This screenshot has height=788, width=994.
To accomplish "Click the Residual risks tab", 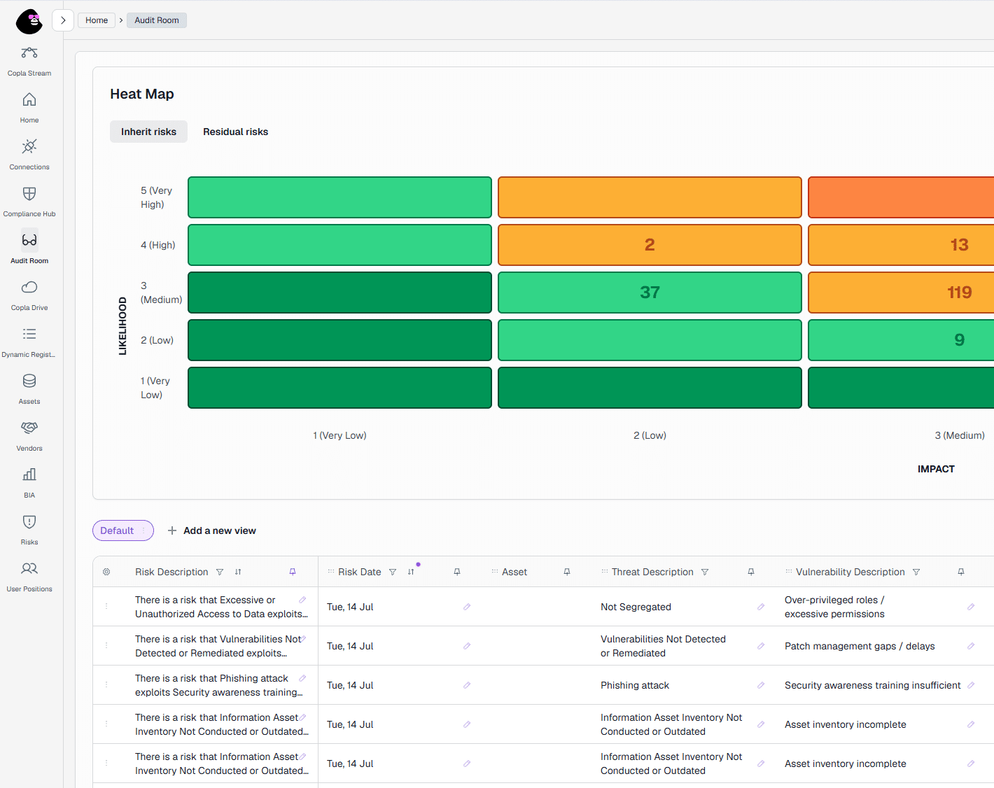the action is pos(236,132).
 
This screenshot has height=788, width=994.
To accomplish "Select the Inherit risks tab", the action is pos(148,132).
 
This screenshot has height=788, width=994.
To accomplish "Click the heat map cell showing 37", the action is pos(650,293).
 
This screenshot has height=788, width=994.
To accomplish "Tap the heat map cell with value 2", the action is pos(650,245).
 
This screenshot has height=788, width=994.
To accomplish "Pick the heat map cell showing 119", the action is pos(901,293).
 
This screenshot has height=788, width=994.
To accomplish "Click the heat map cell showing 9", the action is pos(901,340).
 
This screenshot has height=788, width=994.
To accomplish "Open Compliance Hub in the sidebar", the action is pos(29,202).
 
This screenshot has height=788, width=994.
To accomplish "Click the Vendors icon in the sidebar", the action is pos(29,428).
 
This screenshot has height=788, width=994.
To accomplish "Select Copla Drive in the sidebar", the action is pos(29,295).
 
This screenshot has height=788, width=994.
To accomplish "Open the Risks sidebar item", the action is pos(29,530).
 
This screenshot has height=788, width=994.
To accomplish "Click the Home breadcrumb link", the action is pos(97,20).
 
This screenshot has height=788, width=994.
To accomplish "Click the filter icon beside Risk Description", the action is pos(220,572).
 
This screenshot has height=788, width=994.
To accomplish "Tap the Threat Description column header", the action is pos(652,572).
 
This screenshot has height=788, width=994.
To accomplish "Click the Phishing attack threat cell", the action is pos(635,685).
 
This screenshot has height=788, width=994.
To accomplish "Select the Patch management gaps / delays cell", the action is pos(860,646).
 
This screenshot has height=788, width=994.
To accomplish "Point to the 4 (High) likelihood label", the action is pos(158,245).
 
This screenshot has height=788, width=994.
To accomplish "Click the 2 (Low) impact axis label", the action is pos(650,435).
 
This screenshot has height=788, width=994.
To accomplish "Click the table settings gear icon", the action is pos(106,572).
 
